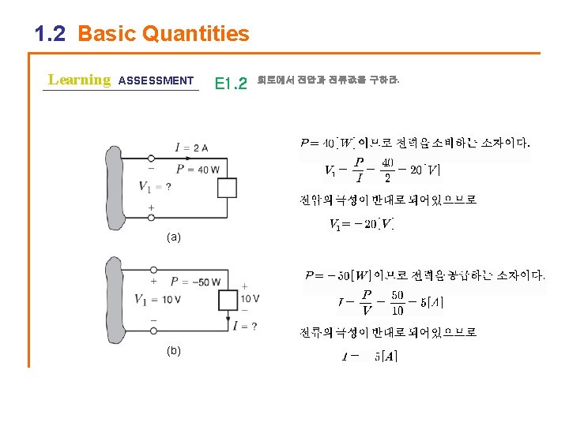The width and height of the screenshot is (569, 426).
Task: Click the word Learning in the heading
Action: click(79, 80)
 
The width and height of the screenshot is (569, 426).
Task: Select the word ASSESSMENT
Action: click(155, 80)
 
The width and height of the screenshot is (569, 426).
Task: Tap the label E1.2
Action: click(231, 82)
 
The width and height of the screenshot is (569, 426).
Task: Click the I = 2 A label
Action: click(191, 148)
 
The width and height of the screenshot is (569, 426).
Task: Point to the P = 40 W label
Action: click(197, 169)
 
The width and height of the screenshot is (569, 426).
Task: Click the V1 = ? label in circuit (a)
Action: click(155, 186)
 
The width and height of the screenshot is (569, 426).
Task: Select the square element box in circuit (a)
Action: click(227, 188)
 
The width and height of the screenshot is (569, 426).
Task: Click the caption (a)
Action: click(173, 237)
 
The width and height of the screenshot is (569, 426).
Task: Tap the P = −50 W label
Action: click(195, 282)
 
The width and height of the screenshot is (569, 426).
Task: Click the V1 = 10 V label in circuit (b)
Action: click(160, 299)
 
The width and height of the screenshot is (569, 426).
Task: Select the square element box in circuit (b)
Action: click(227, 299)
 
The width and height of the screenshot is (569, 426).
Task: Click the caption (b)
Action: click(173, 350)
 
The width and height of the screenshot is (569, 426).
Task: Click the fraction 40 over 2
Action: click(386, 170)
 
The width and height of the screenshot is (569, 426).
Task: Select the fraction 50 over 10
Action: click(397, 302)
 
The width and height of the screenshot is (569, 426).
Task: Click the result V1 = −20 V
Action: click(360, 225)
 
